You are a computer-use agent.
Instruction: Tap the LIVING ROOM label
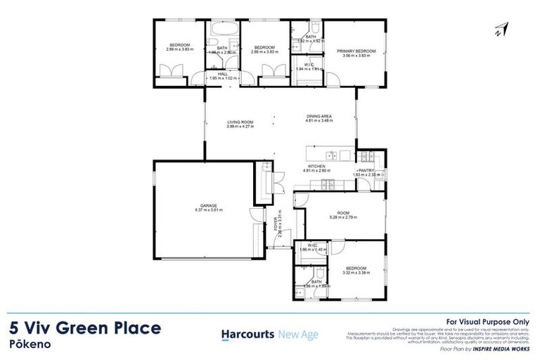tap(240, 122)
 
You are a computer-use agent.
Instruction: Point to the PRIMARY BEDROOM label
tap(356, 51)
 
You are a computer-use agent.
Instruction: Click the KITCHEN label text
tap(314, 166)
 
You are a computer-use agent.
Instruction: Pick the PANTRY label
tap(367, 170)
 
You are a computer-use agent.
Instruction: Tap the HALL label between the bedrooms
tap(222, 73)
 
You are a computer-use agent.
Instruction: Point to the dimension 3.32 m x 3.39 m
tap(356, 273)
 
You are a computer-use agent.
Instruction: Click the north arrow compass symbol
tap(502, 29)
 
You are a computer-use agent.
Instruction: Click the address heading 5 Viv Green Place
tap(85, 328)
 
